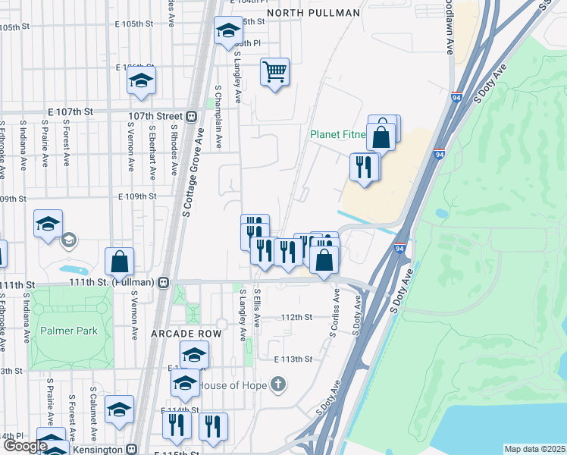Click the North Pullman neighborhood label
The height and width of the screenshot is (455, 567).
point(312,13)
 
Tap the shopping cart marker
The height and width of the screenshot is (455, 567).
point(274,73)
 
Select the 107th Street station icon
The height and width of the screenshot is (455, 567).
point(192,116)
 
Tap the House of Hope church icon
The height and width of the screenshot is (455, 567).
point(278,384)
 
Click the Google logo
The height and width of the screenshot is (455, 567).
point(25,446)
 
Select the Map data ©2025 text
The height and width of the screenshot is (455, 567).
point(534,449)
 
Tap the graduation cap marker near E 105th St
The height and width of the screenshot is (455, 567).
point(227,31)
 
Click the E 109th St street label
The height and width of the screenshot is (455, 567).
point(136,196)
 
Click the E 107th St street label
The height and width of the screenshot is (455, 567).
point(70,111)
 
